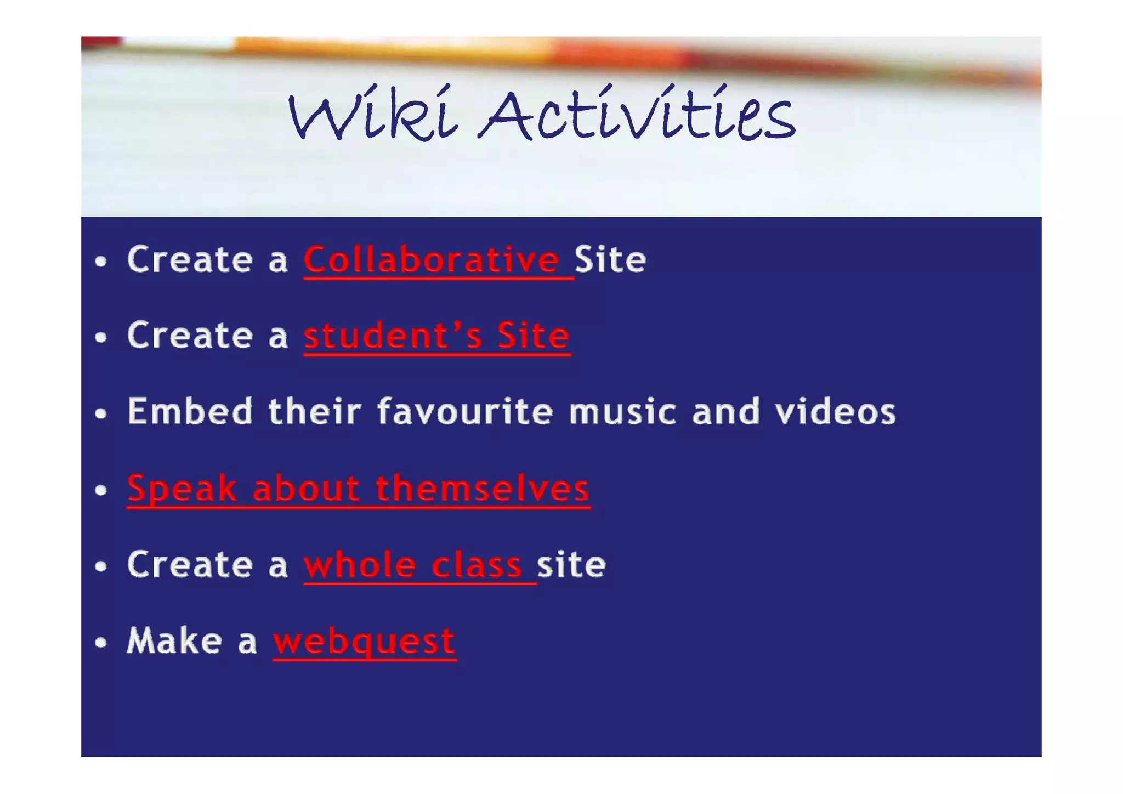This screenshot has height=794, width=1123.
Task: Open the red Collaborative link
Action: coord(432,260)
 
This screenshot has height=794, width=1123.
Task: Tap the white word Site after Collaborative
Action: coord(610,260)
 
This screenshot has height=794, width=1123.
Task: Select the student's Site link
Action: coord(436,336)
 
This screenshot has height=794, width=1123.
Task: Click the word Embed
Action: coord(190,411)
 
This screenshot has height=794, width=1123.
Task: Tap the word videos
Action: coord(835,411)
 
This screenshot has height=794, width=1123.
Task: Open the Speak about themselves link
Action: coord(358,488)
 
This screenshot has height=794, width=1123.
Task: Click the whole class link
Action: coord(413,565)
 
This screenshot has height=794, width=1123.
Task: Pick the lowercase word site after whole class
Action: coord(571,565)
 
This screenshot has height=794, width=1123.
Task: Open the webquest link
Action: coord(364,641)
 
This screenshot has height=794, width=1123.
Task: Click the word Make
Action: coord(174,640)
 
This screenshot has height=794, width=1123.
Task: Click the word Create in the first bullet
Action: coord(190,260)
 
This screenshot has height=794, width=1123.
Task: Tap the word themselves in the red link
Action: coord(482,488)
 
